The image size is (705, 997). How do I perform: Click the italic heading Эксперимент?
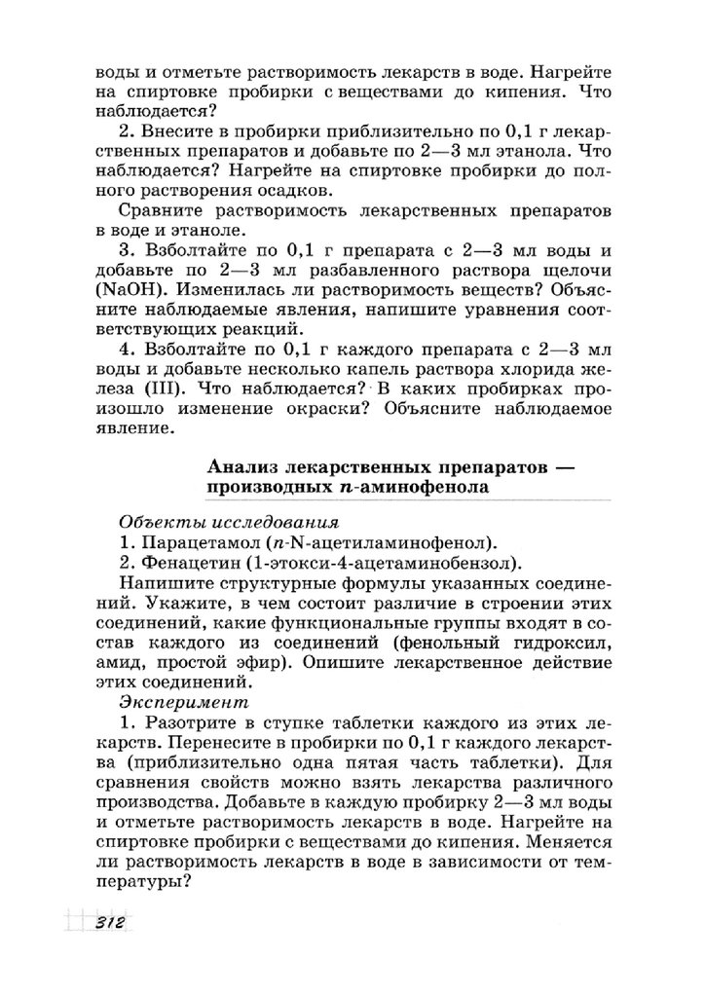[x=184, y=700]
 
